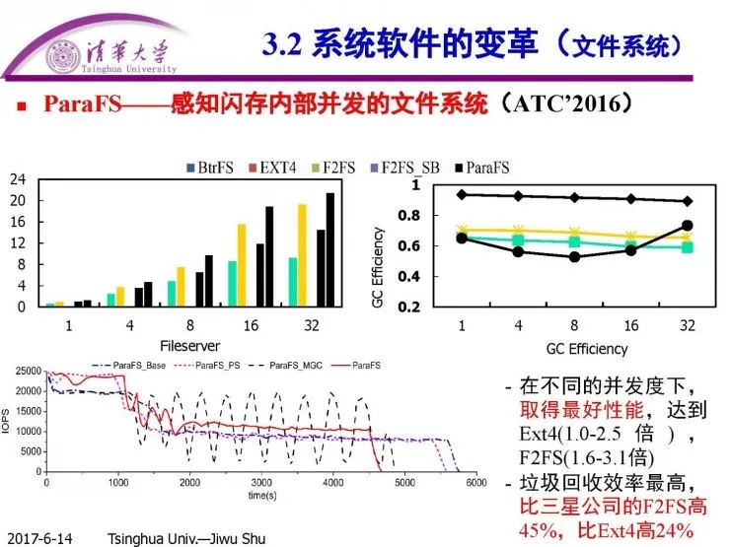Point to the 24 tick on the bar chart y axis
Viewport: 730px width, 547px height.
(18, 179)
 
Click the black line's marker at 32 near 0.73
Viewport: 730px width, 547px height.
(687, 226)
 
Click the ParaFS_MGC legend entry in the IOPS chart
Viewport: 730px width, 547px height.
(307, 366)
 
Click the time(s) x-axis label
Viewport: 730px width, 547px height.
(261, 495)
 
